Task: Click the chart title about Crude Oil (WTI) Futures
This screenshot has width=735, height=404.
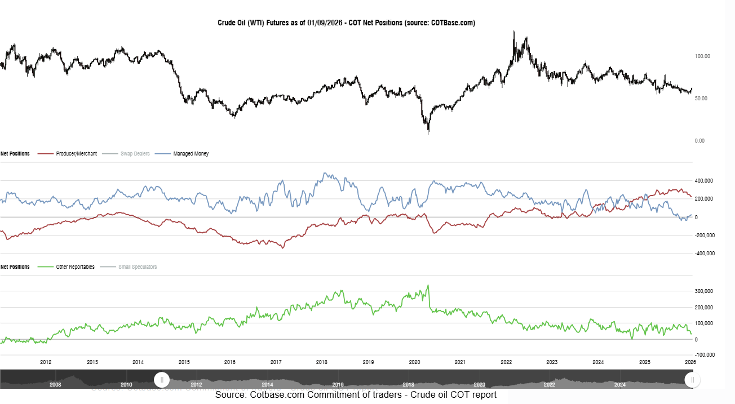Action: coord(346,23)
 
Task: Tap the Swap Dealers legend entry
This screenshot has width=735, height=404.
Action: coord(135,153)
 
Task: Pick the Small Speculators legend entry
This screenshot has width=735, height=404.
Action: coord(138,267)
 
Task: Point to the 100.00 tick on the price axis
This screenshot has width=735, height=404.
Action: coord(702,56)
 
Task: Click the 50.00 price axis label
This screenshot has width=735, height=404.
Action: coord(702,99)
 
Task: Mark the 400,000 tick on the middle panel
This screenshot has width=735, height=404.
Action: coord(705,181)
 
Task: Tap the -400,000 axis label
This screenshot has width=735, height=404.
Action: coord(705,254)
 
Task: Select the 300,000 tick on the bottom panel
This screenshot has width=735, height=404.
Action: coord(705,291)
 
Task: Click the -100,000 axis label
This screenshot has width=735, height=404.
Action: coord(705,355)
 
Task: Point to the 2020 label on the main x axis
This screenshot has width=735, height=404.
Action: coord(414,362)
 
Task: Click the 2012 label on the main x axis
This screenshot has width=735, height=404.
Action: coord(46,362)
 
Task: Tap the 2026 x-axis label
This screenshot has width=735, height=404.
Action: coord(690,362)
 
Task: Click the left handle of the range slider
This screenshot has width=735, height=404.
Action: coord(162,380)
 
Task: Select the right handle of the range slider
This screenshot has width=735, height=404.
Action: coord(693,380)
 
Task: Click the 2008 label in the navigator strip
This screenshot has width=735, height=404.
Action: coord(55,385)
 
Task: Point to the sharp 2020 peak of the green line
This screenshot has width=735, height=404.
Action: coord(428,285)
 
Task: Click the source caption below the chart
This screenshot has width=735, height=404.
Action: coord(356,395)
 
